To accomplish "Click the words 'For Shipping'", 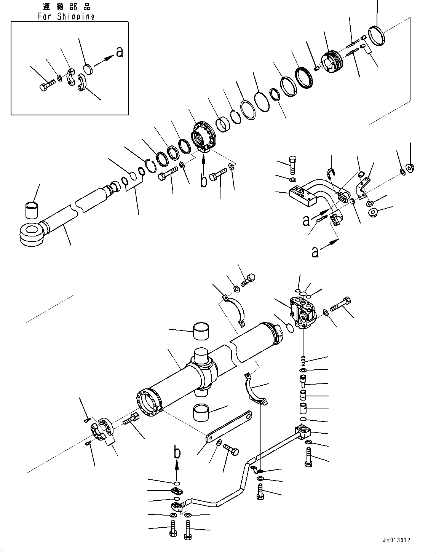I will point(66,16).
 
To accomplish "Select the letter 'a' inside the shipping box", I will point(120,52).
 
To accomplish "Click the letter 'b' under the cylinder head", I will point(204,180).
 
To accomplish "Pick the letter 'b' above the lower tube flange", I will point(177,454).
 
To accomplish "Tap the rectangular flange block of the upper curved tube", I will point(302,196).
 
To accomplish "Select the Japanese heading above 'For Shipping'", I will point(67,7).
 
